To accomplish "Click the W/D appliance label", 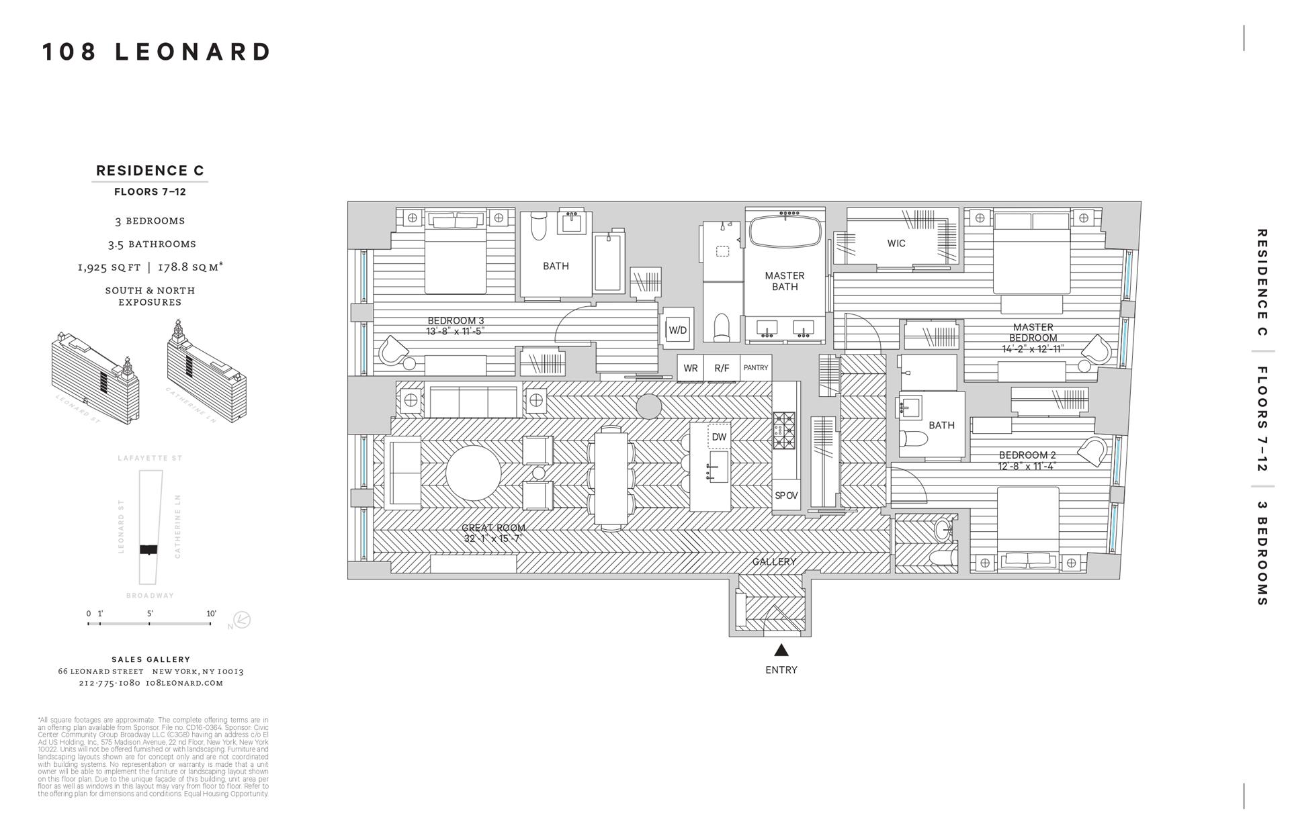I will [x=677, y=330].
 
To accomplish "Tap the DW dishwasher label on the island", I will [x=719, y=436].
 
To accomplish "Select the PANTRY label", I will [x=756, y=368].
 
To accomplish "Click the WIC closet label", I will [x=896, y=243].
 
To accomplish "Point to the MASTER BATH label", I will [x=784, y=281].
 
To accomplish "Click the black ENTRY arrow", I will [x=781, y=650].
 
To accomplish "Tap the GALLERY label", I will [x=774, y=561].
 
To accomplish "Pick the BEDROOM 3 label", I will [x=456, y=320].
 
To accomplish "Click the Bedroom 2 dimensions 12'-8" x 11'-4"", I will [x=1027, y=466].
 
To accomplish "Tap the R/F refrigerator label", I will [x=722, y=368].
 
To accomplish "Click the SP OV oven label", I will [x=786, y=496].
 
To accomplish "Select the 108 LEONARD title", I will [x=157, y=52].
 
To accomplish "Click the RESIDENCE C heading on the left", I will [x=150, y=171].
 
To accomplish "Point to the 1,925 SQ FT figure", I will [x=109, y=267].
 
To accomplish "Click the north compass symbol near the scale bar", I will [x=241, y=620].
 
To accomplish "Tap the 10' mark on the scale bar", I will [x=211, y=614].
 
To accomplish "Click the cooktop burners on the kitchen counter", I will [x=783, y=430].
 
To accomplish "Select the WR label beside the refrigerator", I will [x=690, y=368].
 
